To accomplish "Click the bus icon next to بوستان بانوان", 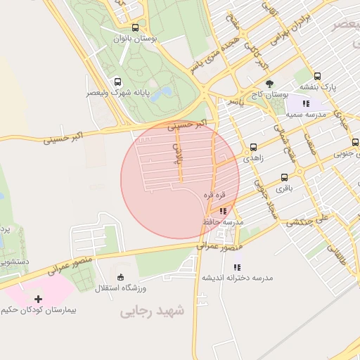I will point(134,28).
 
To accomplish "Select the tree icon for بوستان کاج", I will point(269,83).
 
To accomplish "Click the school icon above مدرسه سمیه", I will point(306,103).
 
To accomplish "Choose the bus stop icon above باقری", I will point(284,178).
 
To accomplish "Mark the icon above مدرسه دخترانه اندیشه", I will point(237,267).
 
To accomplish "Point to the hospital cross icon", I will point(38,299).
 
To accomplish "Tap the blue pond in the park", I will point(162,93).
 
